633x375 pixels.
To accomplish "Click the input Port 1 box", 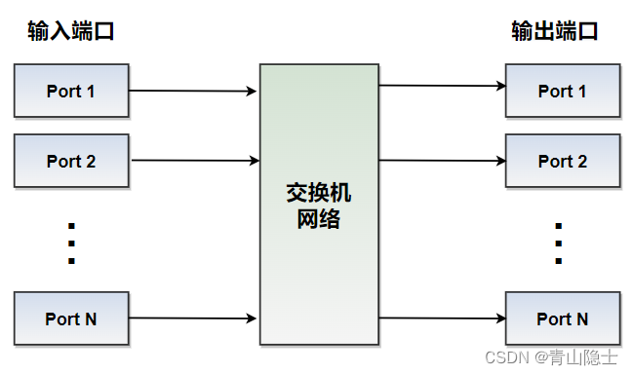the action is coord(71,92).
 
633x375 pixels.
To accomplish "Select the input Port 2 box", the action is coord(71,161).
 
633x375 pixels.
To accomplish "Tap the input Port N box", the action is coord(71,319).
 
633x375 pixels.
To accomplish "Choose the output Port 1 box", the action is coord(563,92).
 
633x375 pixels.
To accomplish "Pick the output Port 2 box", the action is coord(563,161).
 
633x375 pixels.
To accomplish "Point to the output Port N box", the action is coord(563,319).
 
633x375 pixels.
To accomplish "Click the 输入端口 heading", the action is coord(71,32).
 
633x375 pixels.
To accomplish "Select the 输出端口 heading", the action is coord(555,32).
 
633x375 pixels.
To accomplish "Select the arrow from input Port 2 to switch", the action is coord(193,160).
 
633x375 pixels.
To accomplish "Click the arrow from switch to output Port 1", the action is coord(442,87).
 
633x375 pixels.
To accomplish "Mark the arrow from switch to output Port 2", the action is coord(442,161).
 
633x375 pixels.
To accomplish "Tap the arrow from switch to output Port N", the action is coord(442,318).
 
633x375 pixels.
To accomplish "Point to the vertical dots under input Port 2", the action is coord(71,244).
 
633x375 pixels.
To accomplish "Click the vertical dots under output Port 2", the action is coord(558,244).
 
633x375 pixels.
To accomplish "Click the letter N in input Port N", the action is coord(90,319).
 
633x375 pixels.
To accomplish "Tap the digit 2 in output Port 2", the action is coord(582,161).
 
